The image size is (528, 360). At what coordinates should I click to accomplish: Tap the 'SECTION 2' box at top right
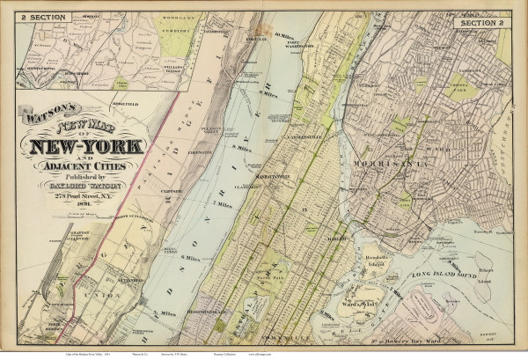(x=482, y=23)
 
